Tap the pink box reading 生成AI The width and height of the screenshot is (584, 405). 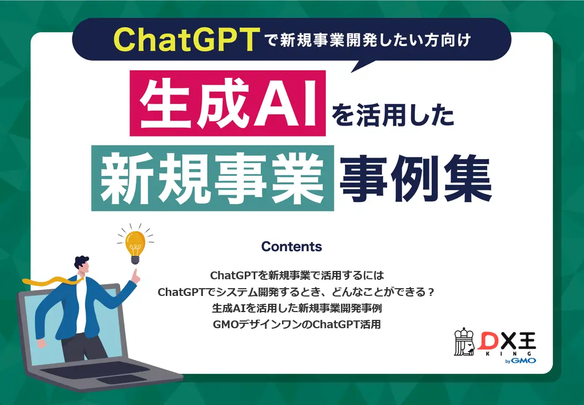click(227, 103)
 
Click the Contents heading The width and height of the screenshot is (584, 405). click(291, 246)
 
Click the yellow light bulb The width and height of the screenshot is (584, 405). click(134, 244)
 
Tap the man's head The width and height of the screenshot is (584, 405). click(81, 269)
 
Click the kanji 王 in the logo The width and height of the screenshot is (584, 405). click(525, 340)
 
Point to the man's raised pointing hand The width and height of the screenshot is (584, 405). click(133, 274)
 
